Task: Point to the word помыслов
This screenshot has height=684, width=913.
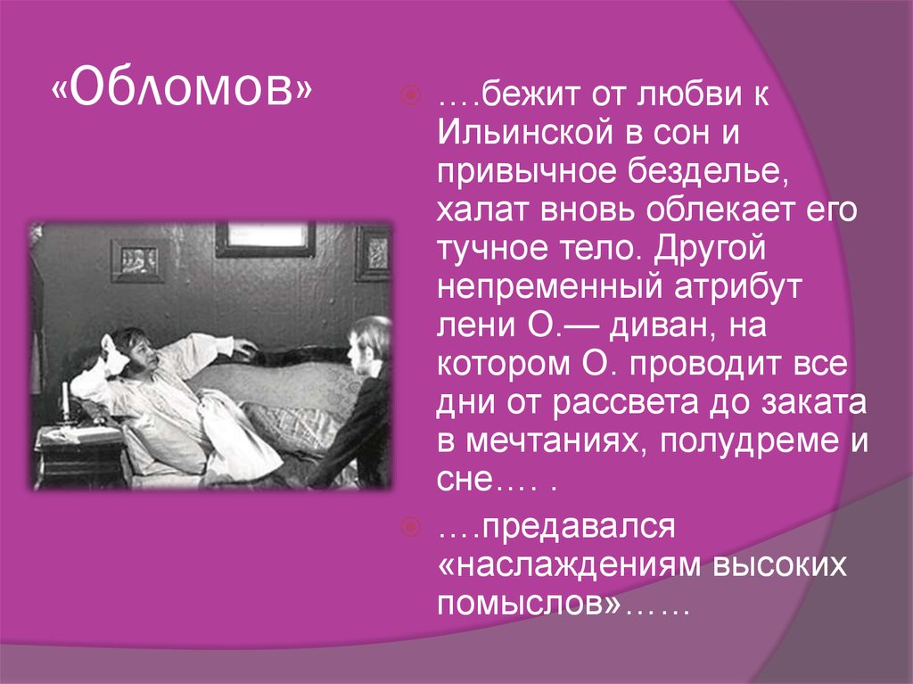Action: [x=528, y=603]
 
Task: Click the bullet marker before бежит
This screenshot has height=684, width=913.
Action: [x=410, y=95]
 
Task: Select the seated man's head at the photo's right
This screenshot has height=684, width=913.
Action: [x=368, y=343]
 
